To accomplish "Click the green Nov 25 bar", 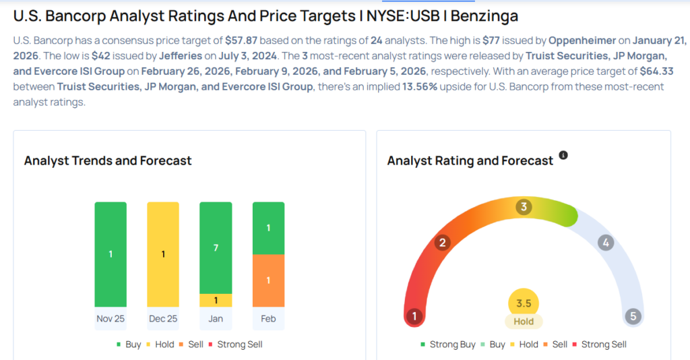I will [110, 254].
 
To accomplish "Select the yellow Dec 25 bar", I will [162, 254].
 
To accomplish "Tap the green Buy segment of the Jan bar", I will [216, 248].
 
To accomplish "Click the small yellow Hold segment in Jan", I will [216, 301].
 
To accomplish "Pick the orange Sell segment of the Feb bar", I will [268, 280].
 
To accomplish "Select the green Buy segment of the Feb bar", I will [268, 228].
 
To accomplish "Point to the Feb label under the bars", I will [268, 319].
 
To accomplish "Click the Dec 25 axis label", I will [162, 319].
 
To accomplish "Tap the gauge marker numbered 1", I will [414, 316].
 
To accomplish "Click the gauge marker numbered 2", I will [443, 243].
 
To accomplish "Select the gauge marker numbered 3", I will [524, 207].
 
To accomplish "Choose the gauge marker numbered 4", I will [606, 243].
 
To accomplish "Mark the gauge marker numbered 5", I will [633, 316].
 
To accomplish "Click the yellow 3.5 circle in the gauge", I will [524, 303].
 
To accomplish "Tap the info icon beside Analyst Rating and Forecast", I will [563, 155].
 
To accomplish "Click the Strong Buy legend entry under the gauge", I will [447, 344].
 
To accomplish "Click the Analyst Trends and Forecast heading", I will [108, 160].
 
